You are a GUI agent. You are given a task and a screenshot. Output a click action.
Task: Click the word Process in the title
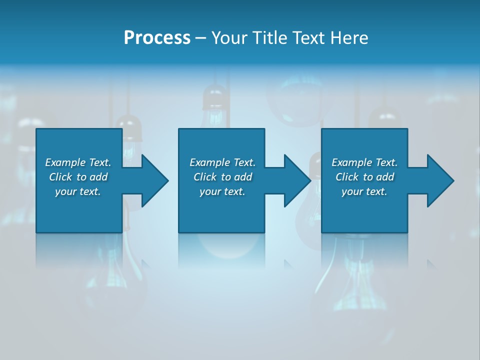(x=157, y=38)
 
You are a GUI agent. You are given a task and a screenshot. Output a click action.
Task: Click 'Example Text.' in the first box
(x=78, y=162)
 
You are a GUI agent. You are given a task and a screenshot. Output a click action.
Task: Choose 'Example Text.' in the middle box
(x=222, y=162)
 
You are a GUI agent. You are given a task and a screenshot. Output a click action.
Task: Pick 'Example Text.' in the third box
(x=364, y=162)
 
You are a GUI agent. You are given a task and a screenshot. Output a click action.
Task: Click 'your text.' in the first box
(x=78, y=191)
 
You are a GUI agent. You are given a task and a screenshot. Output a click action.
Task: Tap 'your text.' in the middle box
(x=222, y=191)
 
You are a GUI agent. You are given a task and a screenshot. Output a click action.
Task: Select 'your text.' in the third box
(x=364, y=191)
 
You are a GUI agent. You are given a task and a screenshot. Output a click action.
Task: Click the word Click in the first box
(x=61, y=177)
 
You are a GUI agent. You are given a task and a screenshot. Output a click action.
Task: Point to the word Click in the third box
(x=347, y=177)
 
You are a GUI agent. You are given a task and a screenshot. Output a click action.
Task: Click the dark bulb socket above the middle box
(x=215, y=97)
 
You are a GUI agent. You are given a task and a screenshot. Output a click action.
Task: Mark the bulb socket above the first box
(x=129, y=127)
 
